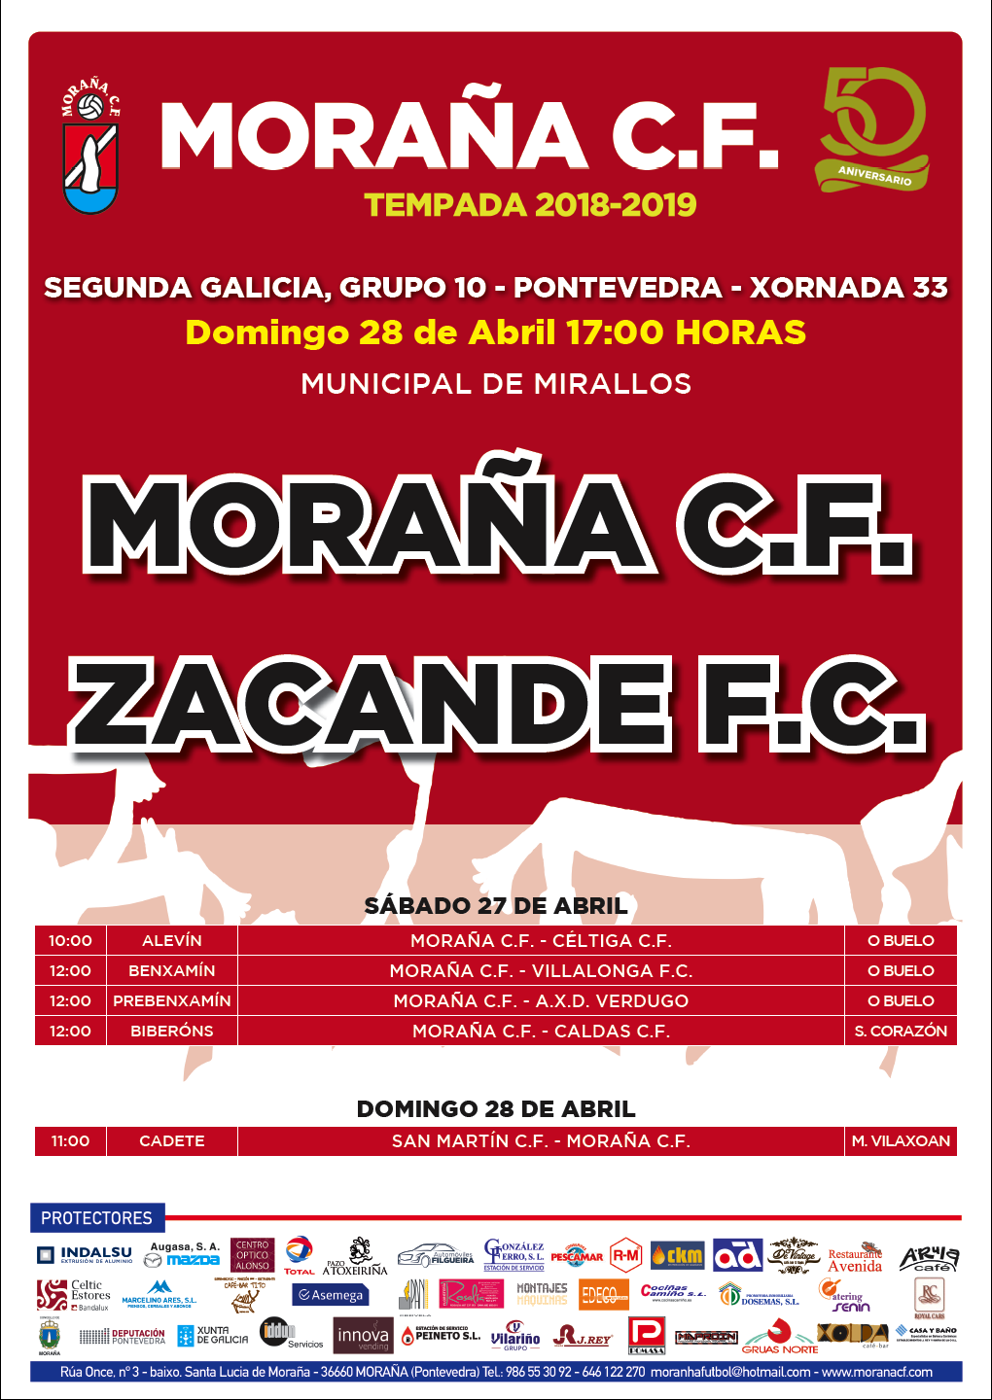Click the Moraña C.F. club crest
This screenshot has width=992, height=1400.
click(x=91, y=147)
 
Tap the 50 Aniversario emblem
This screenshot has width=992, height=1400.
click(x=872, y=129)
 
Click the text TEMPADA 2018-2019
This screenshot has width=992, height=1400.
click(x=530, y=205)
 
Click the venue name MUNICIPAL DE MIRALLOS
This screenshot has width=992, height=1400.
click(x=496, y=384)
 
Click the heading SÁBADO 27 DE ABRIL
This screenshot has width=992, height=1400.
click(x=496, y=906)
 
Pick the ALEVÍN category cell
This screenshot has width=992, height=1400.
click(x=172, y=941)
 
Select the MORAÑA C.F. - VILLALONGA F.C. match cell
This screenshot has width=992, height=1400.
click(x=541, y=971)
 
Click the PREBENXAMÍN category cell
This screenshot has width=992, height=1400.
click(x=172, y=1001)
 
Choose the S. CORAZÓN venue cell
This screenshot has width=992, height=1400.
click(x=901, y=1032)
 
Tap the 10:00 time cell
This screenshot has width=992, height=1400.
click(x=70, y=941)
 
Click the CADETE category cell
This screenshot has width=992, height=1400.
click(x=172, y=1141)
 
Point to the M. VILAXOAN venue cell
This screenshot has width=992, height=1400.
click(x=901, y=1141)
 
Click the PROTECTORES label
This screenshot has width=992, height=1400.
click(x=96, y=1218)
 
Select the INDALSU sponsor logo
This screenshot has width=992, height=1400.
click(x=86, y=1255)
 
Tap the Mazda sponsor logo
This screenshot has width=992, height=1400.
click(x=184, y=1260)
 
